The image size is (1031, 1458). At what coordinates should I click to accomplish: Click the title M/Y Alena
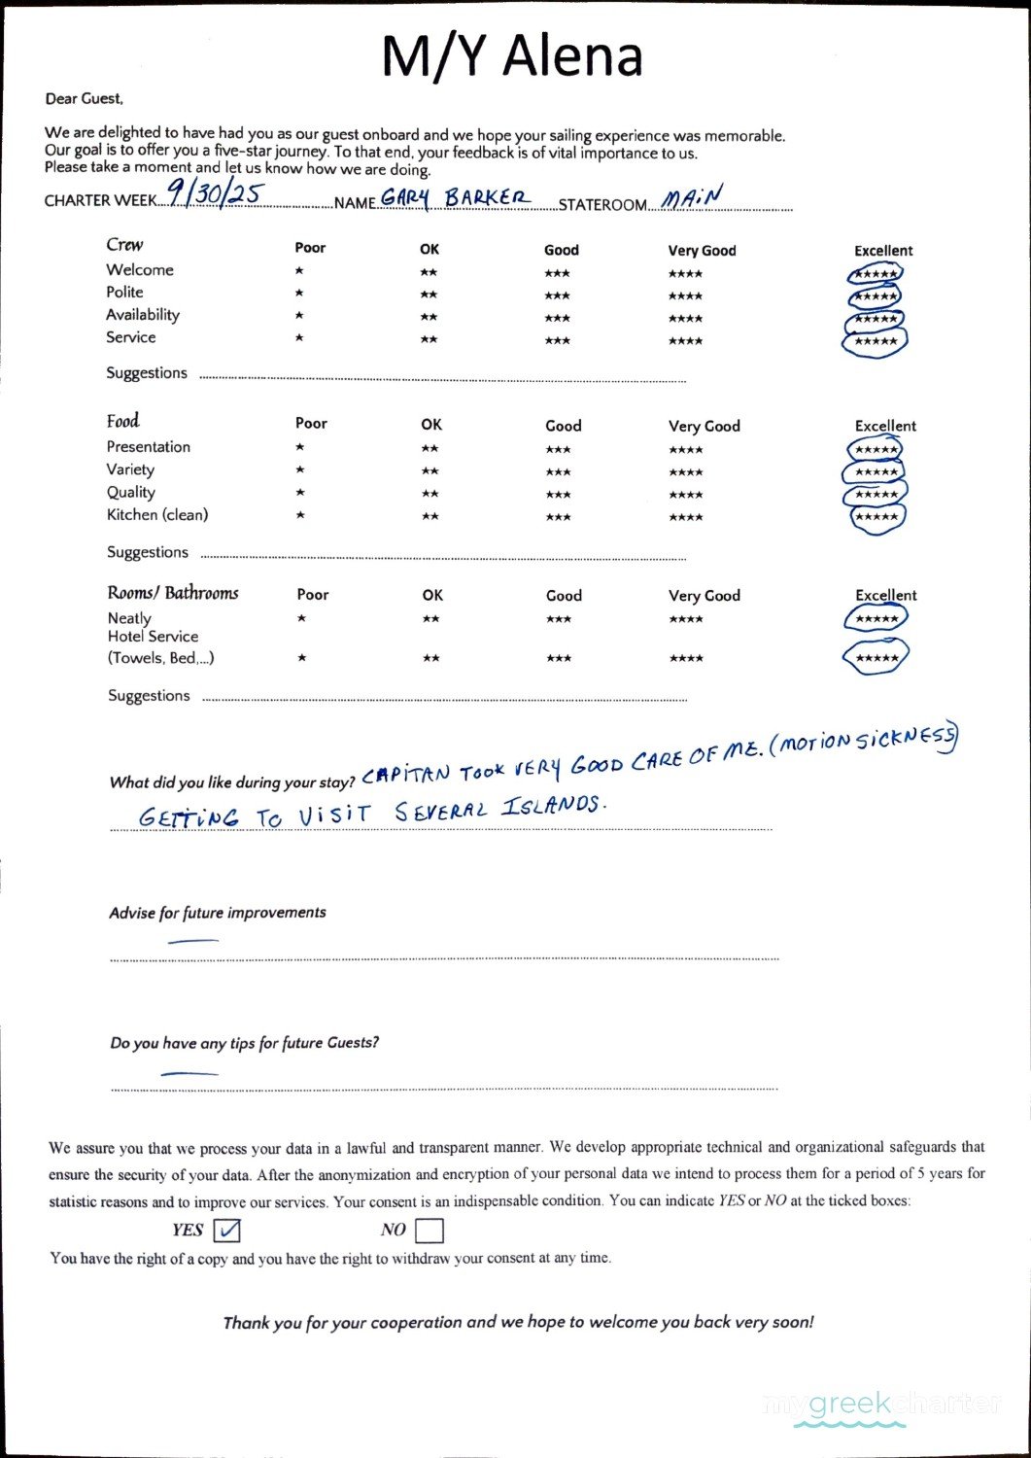click(512, 55)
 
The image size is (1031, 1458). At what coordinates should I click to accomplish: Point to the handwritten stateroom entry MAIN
click(693, 197)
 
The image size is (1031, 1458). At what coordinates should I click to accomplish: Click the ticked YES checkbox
click(226, 1231)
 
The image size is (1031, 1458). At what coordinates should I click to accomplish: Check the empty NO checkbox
click(429, 1231)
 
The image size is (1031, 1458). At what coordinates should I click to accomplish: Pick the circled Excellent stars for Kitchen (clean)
click(876, 517)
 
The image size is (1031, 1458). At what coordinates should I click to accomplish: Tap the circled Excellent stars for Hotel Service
click(876, 658)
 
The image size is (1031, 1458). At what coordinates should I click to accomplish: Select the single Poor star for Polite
click(299, 294)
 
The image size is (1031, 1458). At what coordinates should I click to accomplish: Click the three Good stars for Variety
click(558, 472)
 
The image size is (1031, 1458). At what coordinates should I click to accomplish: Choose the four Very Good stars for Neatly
click(686, 619)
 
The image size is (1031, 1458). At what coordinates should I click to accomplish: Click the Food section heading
click(123, 421)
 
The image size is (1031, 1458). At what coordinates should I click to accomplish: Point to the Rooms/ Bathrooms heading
click(173, 593)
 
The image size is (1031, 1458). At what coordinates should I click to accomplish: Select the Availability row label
click(143, 315)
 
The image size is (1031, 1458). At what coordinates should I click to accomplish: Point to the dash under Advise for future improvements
click(192, 941)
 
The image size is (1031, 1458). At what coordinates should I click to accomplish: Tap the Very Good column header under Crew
click(702, 251)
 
